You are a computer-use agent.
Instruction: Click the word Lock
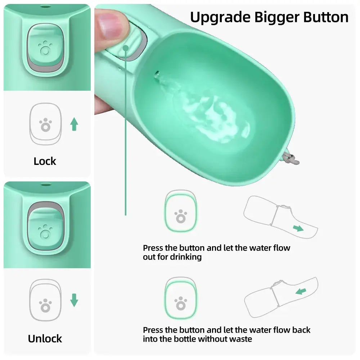coord(45,161)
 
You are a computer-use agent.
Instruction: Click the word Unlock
coord(45,338)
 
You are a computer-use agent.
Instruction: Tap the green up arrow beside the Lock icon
coord(74,124)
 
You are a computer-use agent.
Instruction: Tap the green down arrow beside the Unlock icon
coord(74,300)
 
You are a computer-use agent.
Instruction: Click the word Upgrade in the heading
coord(216,17)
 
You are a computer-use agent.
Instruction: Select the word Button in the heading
coord(326,17)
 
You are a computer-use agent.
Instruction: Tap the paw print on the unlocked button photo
coord(45,230)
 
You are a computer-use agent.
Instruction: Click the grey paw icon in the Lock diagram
coord(45,125)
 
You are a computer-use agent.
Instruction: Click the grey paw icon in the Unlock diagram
coord(45,305)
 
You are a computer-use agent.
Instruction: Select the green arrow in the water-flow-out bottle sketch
coord(298,228)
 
